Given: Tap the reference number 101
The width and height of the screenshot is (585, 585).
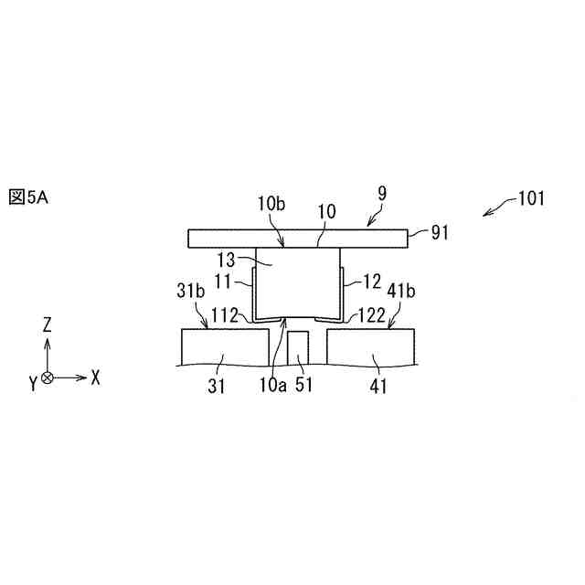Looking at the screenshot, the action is point(529,197).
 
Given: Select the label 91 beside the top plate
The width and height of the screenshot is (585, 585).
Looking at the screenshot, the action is point(441,233).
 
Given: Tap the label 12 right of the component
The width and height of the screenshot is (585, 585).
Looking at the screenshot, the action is point(359,276).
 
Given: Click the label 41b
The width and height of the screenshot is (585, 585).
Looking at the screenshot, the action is point(402,292).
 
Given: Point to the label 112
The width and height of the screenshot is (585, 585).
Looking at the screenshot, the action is point(226,316).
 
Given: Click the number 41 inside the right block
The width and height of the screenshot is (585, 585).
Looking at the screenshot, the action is point(378,386).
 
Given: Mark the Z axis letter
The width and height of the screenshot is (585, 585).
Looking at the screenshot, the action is point(48,325).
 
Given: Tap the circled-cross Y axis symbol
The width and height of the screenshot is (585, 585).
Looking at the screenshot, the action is point(48,377).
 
